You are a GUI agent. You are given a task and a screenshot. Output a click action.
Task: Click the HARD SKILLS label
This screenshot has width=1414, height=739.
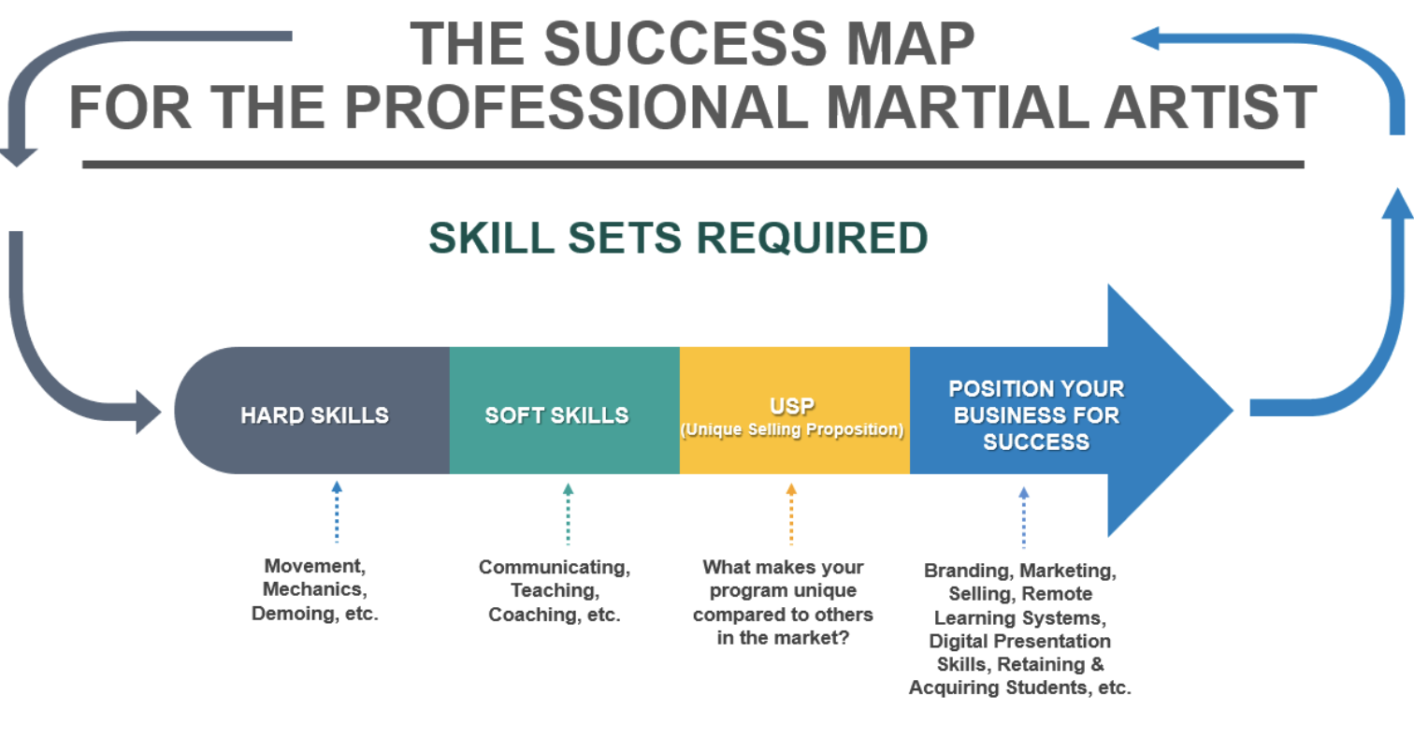314,415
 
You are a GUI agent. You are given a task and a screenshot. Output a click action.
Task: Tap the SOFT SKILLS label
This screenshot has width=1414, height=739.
556,415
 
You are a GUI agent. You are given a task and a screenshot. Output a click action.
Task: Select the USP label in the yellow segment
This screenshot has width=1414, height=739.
792,405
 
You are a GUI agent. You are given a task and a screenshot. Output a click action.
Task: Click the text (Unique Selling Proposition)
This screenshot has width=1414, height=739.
792,429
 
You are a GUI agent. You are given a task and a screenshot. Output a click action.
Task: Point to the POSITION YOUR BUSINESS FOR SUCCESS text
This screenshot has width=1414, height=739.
1036,415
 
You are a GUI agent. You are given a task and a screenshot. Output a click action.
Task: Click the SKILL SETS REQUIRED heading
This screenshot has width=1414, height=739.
679,239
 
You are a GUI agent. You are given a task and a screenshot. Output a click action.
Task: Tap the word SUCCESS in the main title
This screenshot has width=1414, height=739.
685,44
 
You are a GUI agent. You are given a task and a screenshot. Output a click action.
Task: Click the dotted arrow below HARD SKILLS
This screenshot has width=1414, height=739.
337,512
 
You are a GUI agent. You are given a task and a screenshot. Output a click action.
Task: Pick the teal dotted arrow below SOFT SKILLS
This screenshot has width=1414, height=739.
569,514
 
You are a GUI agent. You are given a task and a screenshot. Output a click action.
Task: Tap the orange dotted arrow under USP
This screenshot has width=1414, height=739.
791,514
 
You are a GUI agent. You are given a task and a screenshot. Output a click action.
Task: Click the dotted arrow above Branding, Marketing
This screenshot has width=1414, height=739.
1024,517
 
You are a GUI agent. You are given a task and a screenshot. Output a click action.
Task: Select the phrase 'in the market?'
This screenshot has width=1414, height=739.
783,637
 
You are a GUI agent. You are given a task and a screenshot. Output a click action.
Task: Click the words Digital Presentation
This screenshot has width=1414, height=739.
1019,641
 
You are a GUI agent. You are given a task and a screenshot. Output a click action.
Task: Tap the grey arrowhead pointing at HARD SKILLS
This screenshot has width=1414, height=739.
148,412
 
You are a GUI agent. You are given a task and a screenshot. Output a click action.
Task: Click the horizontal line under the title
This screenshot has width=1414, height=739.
693,165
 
